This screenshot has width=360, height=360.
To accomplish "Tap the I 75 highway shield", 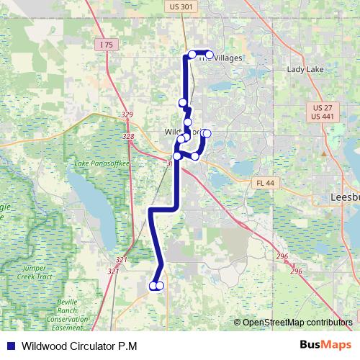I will pyautogui.click(x=106, y=45).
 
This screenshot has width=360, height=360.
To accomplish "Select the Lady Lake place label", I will pyautogui.click(x=306, y=70).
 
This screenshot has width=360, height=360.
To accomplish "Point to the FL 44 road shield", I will pyautogui.click(x=265, y=184).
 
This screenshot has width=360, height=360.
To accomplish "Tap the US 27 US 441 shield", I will pyautogui.click(x=323, y=112).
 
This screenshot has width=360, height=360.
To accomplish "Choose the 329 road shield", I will pyautogui.click(x=127, y=114).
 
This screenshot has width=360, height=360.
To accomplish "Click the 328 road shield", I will pyautogui.click(x=129, y=136).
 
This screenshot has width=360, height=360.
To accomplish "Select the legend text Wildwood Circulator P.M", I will pyautogui.click(x=79, y=346).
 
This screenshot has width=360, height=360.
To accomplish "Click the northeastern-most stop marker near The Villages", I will pyautogui.click(x=210, y=54).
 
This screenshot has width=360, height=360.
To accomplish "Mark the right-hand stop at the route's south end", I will pyautogui.click(x=160, y=286).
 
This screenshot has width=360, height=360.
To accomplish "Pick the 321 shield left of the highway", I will pyautogui.click(x=113, y=271).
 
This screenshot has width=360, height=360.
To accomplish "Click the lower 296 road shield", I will pyautogui.click(x=297, y=271).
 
